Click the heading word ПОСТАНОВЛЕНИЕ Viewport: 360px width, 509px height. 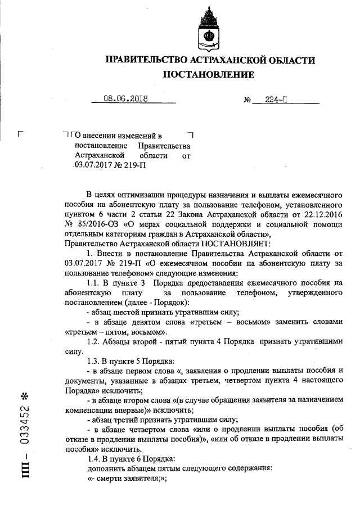point(209,75)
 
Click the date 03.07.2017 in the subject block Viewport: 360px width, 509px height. point(93,166)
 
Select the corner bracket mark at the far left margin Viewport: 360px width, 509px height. point(21,134)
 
